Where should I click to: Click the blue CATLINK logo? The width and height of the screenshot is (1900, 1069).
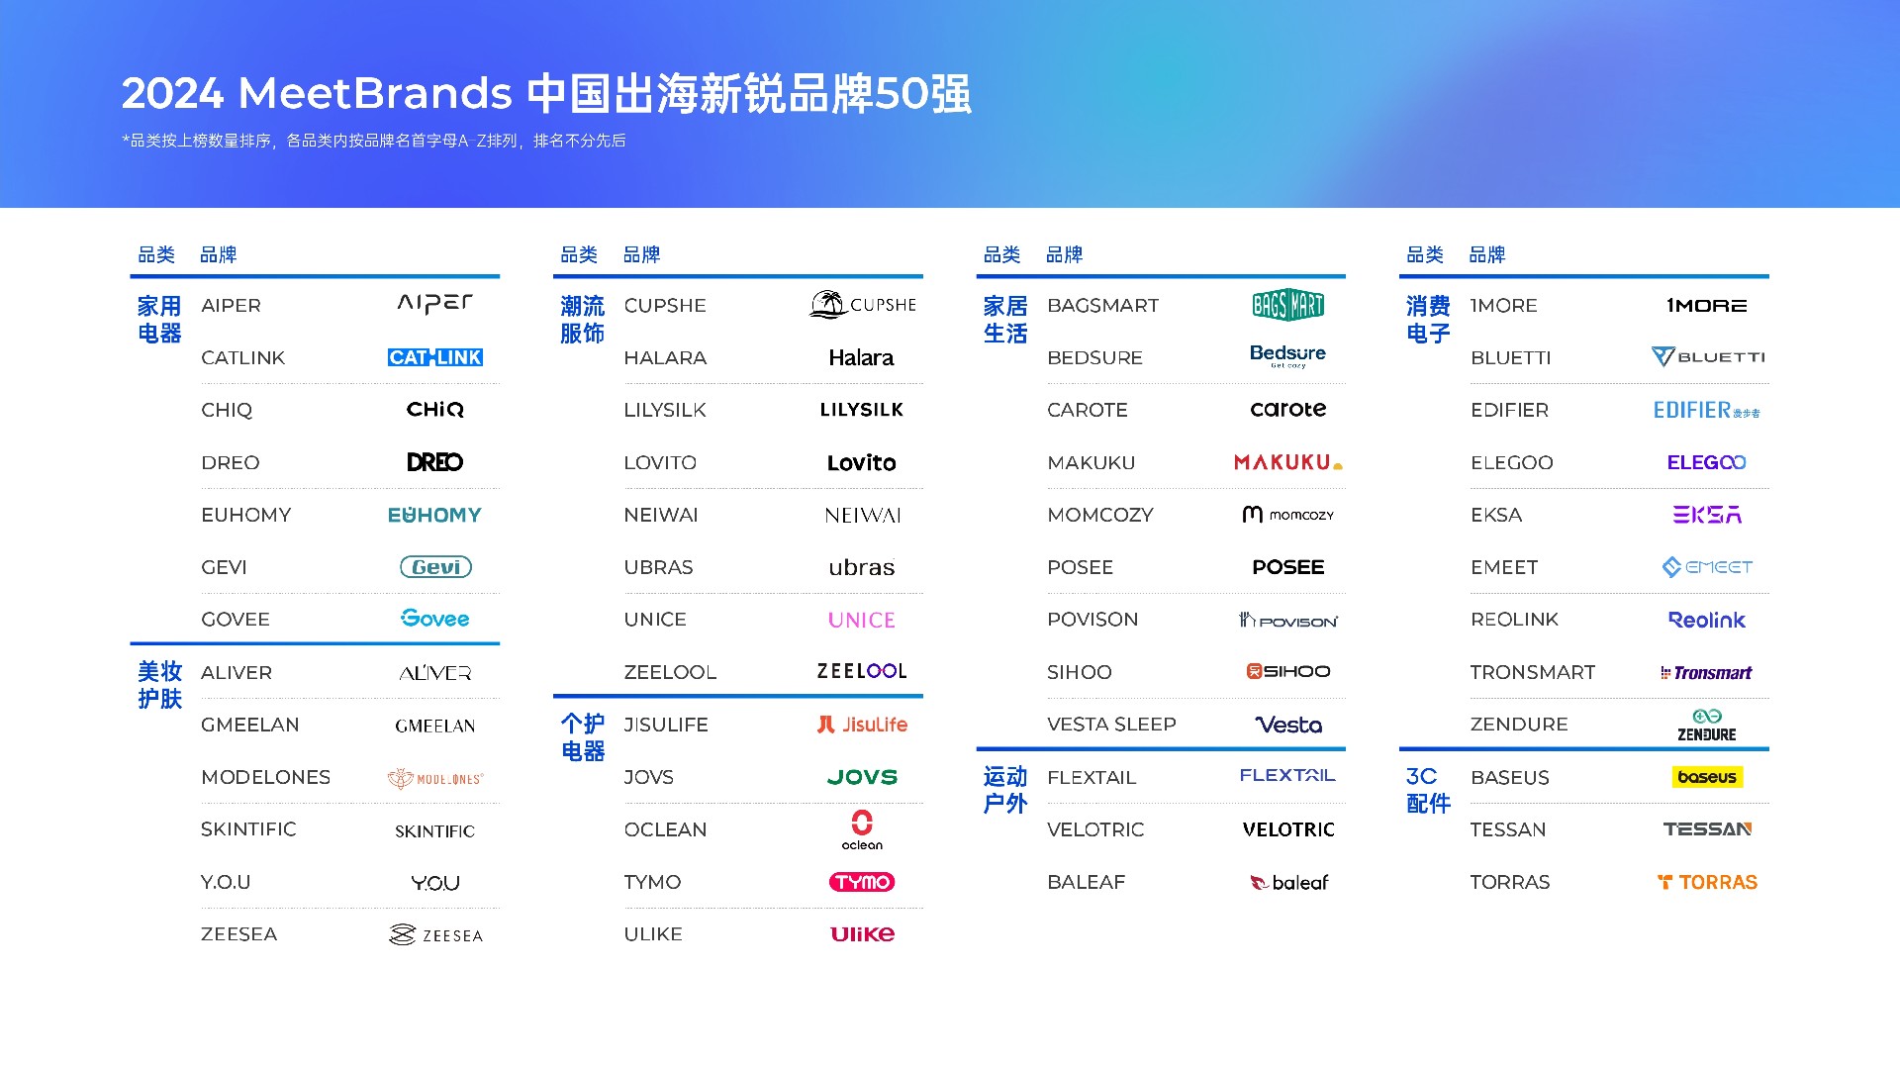(435, 357)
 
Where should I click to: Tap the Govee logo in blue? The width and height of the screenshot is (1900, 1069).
(435, 619)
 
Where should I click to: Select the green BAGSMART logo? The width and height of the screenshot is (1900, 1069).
(1287, 305)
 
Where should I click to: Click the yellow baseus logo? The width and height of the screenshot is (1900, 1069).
(1707, 777)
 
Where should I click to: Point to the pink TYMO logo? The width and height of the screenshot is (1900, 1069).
(862, 882)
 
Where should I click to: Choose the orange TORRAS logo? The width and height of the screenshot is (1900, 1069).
(1707, 882)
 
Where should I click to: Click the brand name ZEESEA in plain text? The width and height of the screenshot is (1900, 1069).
(239, 934)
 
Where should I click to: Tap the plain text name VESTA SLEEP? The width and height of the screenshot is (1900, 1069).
(1111, 725)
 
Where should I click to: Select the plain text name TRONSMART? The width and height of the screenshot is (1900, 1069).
(1533, 672)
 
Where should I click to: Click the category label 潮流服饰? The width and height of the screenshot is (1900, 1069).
(582, 320)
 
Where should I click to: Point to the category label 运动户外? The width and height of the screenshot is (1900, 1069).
(1005, 790)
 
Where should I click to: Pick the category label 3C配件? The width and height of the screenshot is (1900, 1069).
(1428, 790)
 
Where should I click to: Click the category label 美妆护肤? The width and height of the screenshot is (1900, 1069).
(159, 685)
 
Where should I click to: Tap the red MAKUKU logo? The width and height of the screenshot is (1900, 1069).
(1287, 462)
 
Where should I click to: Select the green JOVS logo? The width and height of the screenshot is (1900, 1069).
(862, 777)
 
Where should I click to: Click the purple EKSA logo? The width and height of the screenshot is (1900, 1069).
(1707, 515)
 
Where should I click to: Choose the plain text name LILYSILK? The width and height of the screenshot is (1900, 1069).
(665, 410)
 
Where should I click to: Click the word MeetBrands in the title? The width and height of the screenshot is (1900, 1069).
(375, 94)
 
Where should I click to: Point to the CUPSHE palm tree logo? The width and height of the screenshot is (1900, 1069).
(863, 304)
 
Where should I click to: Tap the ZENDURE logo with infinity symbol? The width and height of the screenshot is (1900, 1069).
(1707, 725)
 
